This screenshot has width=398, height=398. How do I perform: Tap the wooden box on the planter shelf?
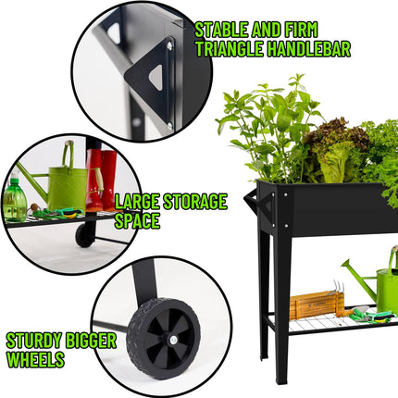pyautogui.click(x=315, y=304)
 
